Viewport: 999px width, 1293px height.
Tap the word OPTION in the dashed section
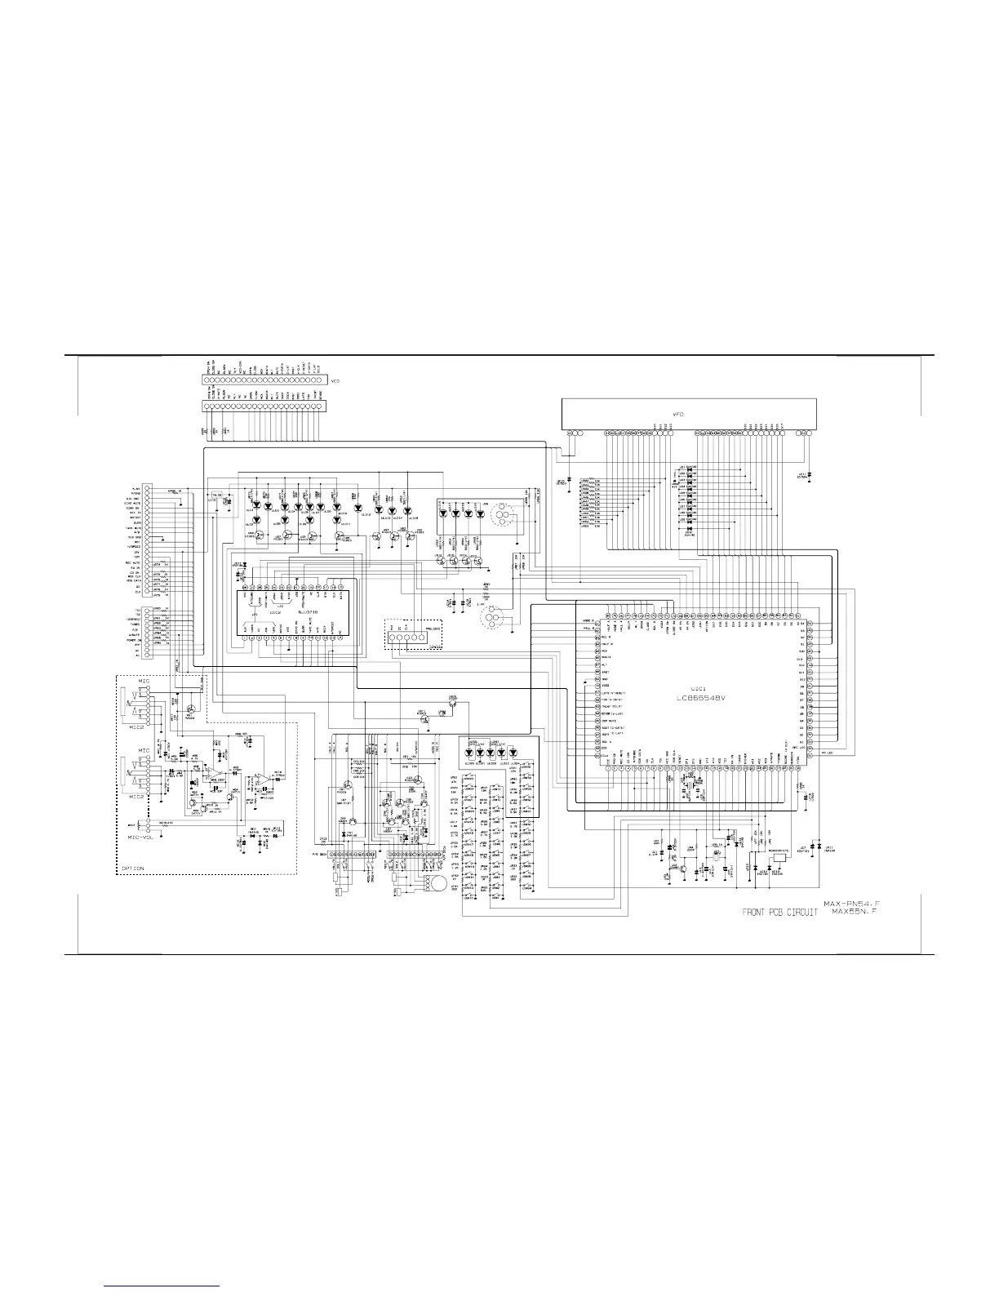132,868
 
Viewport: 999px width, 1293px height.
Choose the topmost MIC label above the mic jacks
144,681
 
